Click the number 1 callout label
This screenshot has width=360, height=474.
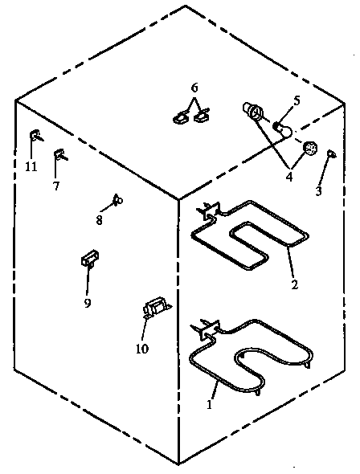point(211,406)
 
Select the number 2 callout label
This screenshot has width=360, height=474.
point(294,284)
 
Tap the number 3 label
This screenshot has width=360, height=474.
point(318,191)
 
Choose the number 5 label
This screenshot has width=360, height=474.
point(296,100)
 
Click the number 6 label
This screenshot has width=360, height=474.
point(194,88)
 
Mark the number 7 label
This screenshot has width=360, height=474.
point(56,186)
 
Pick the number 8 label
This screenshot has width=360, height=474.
point(100,219)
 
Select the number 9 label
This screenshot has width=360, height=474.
point(88,303)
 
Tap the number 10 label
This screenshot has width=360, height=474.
point(143,348)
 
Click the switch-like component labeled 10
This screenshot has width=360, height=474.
point(154,307)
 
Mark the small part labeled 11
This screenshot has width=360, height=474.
point(35,134)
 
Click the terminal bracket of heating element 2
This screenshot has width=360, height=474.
point(209,211)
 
